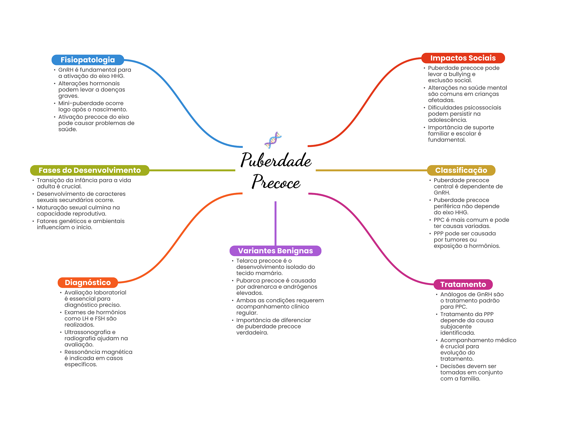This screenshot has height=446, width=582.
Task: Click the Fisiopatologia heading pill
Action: click(x=88, y=60)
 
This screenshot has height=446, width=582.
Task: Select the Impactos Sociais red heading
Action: click(x=463, y=58)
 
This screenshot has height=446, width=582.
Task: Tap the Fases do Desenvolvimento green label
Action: click(x=90, y=170)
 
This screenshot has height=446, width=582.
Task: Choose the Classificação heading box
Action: click(x=461, y=170)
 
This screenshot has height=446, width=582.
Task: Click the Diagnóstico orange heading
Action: click(x=88, y=283)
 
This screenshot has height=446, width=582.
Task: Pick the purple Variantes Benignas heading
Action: click(x=275, y=251)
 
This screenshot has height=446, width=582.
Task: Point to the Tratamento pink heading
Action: click(x=463, y=285)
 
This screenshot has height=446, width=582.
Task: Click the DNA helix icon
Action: click(x=273, y=140)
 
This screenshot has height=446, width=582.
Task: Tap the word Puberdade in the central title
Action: click(x=276, y=160)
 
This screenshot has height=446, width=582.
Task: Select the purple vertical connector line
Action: click(x=275, y=223)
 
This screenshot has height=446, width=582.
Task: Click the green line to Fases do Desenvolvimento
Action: click(x=192, y=170)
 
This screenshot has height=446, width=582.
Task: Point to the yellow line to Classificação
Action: click(x=371, y=170)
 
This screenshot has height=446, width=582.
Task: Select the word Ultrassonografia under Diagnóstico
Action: click(x=87, y=332)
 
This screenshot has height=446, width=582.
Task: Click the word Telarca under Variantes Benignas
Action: click(x=246, y=261)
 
